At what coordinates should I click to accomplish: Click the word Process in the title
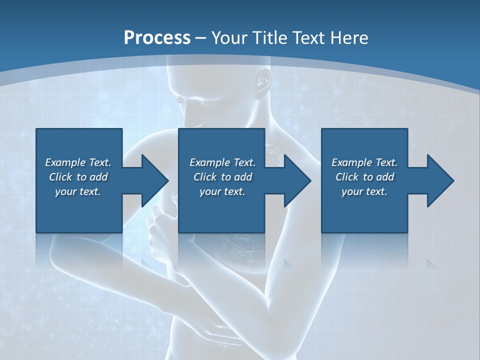[x=157, y=37]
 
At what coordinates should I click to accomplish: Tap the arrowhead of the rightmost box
[x=439, y=180]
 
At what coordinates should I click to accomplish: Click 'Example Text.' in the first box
[x=78, y=162]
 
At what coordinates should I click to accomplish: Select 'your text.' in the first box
[x=78, y=191]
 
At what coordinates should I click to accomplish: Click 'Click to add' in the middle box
[x=222, y=177]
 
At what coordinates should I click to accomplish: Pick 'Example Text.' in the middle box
[x=222, y=162]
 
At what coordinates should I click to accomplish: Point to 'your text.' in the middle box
[x=222, y=191]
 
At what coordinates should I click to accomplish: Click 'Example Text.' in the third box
[x=364, y=162]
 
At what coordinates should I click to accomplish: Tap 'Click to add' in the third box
[x=364, y=177]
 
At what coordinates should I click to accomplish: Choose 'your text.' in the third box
[x=364, y=191]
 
